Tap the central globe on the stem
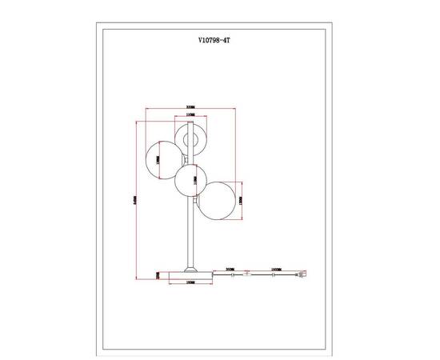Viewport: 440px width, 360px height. pyautogui.click(x=191, y=180)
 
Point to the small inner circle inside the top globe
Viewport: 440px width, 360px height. pyautogui.click(x=191, y=142)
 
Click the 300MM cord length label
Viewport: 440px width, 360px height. pyautogui.click(x=231, y=270)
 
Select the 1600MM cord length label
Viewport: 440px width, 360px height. pyautogui.click(x=277, y=270)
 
